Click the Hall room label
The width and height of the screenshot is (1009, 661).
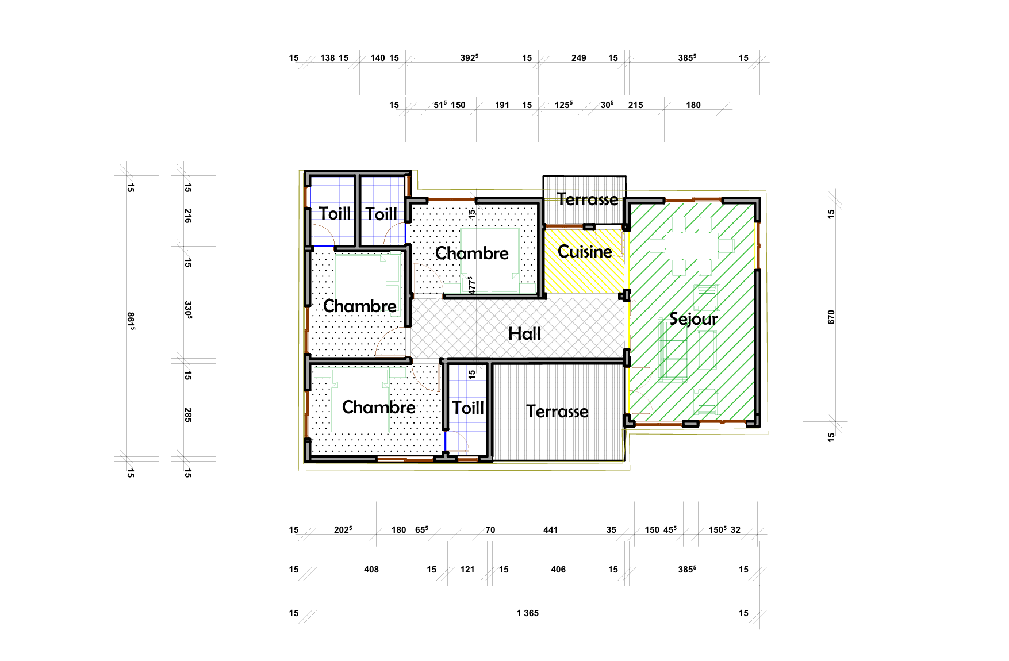coord(524,333)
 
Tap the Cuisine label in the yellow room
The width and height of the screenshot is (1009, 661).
coord(585,251)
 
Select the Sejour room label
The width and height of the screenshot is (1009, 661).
coord(693,319)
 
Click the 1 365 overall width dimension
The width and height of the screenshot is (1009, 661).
coord(527,613)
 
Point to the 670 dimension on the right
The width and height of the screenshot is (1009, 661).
coord(831,317)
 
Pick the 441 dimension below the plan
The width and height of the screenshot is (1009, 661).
coord(550,530)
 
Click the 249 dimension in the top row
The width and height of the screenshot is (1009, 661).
coord(578,58)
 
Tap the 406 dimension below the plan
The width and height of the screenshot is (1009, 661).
coord(558,570)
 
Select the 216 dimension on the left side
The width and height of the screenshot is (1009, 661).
coord(187,216)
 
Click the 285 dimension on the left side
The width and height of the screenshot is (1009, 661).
coord(187,415)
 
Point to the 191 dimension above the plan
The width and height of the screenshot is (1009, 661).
coord(502,105)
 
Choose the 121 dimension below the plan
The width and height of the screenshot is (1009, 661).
coord(467,570)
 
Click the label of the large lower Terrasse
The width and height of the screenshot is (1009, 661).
coord(557,412)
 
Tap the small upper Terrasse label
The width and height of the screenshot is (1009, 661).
coord(588,199)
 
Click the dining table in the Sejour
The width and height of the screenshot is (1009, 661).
coord(692,245)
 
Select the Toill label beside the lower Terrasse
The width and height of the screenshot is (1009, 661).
coord(468,408)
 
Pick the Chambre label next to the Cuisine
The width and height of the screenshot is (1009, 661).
coord(472,253)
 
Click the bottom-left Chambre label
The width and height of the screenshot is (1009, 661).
coord(378,407)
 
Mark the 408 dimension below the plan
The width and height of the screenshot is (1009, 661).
coord(371,570)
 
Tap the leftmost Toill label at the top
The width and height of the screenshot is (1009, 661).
coord(335,214)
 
